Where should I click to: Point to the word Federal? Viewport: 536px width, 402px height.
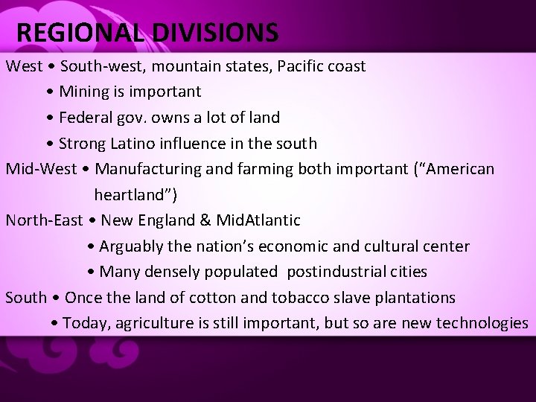(x=85, y=118)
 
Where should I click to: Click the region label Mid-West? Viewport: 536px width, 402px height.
(x=41, y=169)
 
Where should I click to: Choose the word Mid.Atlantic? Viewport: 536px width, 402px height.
(x=259, y=220)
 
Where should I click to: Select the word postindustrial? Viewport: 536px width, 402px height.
(x=357, y=272)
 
